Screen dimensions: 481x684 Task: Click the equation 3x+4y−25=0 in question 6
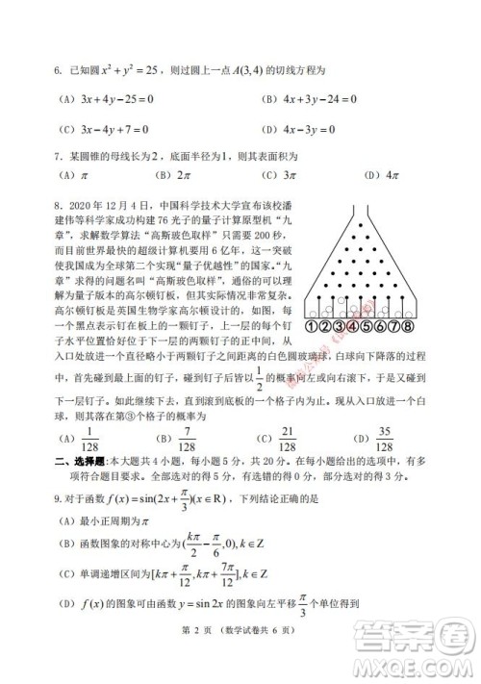[x=113, y=98]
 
